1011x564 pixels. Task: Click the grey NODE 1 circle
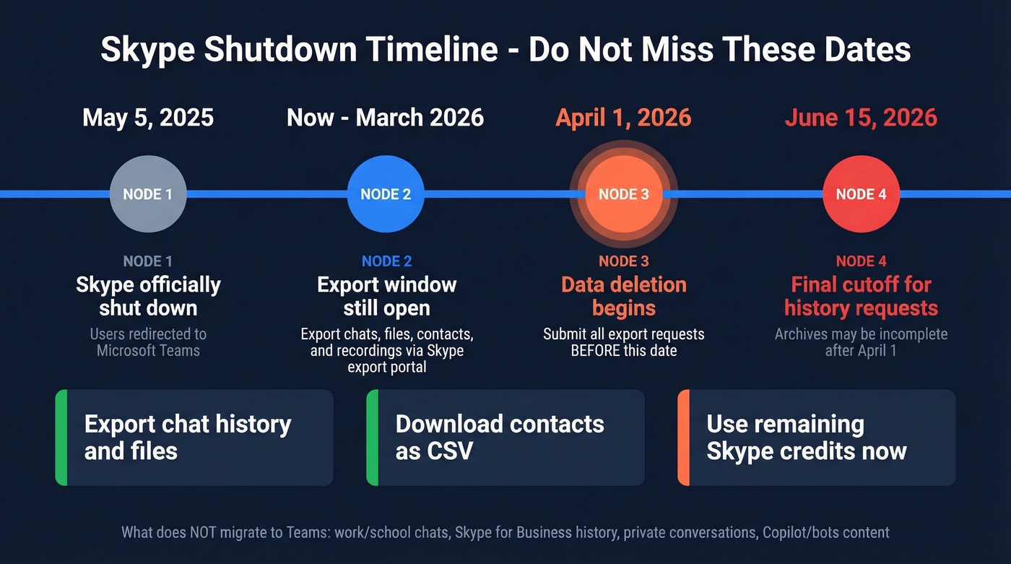tap(147, 194)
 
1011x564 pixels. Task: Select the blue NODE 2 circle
tap(385, 194)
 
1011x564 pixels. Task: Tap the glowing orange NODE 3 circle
tap(623, 194)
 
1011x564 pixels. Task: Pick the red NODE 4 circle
tap(861, 194)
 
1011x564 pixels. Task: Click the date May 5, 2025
tap(148, 118)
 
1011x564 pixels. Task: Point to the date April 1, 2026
tap(623, 118)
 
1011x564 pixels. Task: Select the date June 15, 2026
tap(861, 118)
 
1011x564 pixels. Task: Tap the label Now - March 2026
tap(385, 118)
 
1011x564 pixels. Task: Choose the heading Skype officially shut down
tap(148, 296)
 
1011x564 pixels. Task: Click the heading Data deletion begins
tap(623, 296)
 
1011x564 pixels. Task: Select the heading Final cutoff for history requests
tap(861, 296)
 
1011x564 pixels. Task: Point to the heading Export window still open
tap(386, 296)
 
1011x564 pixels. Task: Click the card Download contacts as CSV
tap(506, 438)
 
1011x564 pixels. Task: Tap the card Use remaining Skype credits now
tap(816, 438)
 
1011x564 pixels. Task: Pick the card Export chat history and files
tap(194, 438)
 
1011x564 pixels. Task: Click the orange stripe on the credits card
tap(683, 438)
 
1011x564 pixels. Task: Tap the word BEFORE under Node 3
tap(598, 351)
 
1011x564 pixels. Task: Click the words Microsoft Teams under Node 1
tap(148, 351)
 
